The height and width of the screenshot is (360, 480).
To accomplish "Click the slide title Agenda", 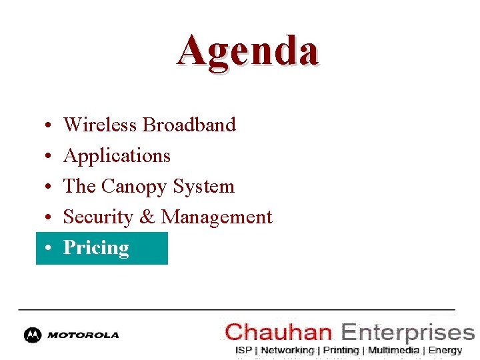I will coord(247,51).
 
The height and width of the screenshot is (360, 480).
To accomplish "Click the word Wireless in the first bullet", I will coord(100,125).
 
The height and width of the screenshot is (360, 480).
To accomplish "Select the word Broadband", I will coord(189,125).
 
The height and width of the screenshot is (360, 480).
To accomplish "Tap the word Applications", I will coord(117,156).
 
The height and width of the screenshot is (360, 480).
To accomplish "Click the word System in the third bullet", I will coord(203,186).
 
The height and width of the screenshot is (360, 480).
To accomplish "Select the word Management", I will coord(217,217).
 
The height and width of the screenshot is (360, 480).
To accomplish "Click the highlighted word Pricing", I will coord(96,248).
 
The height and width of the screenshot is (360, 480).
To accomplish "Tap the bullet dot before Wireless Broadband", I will coord(50,126).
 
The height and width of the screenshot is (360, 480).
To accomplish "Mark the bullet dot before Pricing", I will coord(50,249).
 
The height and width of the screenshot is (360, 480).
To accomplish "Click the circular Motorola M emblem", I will coord(32,335).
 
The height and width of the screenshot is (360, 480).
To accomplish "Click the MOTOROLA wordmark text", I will coord(83,335).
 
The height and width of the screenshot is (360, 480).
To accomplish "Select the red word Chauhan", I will coord(279,331).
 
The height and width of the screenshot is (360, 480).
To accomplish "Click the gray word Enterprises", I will coord(407,331).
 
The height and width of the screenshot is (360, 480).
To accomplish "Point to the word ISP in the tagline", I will coord(244,350).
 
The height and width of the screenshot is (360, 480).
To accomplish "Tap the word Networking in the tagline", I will coord(287,350).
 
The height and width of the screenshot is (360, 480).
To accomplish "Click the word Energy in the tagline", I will coord(445,350).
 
